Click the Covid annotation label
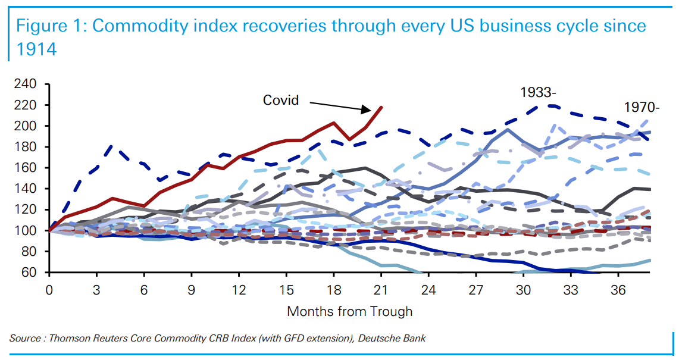pos(281,99)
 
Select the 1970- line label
pos(642,108)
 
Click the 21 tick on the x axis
pos(381,292)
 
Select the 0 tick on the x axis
pos(49,292)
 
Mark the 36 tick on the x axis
pos(618,292)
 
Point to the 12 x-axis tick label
pos(239,292)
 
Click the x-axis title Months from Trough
pos(349,311)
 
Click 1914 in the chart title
pos(36,49)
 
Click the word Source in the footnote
pos(24,339)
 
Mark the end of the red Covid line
pos(381,107)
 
